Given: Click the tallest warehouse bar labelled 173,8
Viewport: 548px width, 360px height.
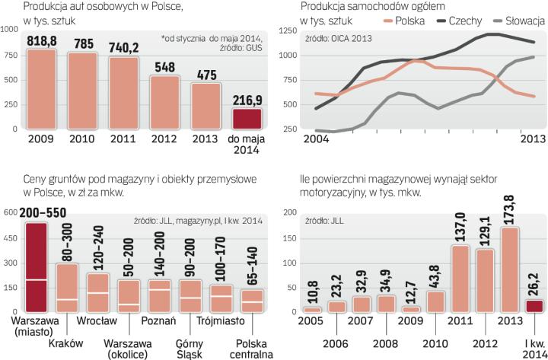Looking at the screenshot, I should coord(509,270).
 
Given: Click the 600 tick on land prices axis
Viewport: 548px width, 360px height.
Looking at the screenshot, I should coord(10,213).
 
